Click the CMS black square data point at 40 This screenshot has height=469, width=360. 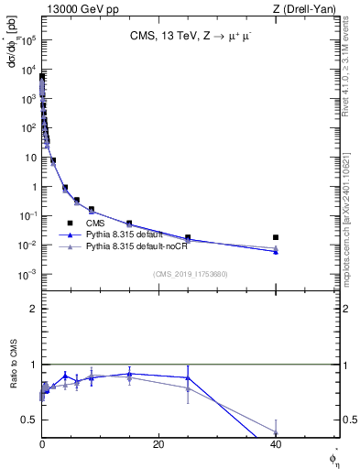pos(276,237)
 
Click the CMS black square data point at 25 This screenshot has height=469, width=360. pos(188,237)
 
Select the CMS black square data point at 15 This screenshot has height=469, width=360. pos(129,224)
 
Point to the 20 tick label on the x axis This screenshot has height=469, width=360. pos(158,443)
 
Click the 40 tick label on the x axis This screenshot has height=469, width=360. pos(276,443)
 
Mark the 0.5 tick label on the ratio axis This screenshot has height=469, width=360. pos(29,420)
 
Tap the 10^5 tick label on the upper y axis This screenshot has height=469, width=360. pos(28,40)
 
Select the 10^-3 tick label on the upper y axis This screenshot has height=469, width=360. pos(28,275)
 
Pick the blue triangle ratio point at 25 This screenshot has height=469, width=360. pos(188,377)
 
